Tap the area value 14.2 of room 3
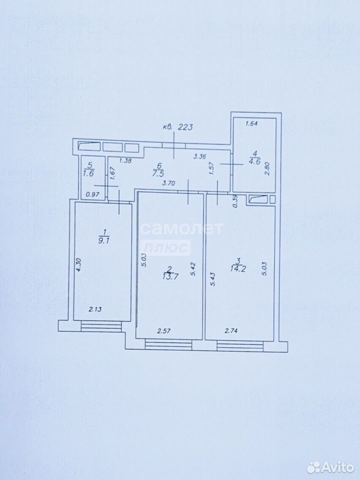(238, 268)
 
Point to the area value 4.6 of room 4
(254, 161)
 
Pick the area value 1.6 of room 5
(89, 172)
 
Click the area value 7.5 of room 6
(159, 173)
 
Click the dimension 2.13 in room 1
(95, 309)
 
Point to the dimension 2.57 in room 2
(164, 330)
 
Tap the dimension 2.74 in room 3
(231, 330)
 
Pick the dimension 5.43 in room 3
(213, 279)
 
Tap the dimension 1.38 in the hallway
(125, 160)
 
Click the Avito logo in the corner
(330, 467)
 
